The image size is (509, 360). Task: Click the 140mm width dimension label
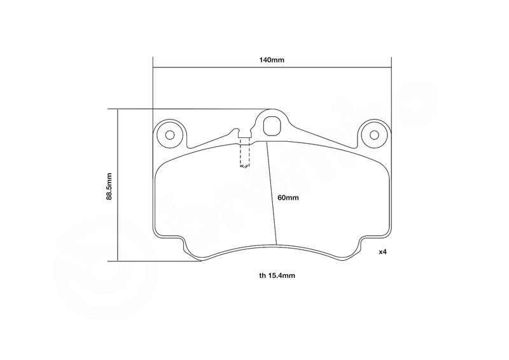272,60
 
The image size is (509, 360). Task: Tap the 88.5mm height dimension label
109,186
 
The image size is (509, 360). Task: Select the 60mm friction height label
288,198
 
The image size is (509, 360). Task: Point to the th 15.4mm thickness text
277,275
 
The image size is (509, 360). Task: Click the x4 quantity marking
384,252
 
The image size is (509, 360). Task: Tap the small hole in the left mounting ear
170,135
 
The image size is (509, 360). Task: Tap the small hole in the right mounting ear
374,135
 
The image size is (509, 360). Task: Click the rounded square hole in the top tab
272,127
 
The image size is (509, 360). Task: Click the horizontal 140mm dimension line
272,67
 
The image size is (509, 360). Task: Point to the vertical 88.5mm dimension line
118,184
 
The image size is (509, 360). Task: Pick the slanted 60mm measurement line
272,193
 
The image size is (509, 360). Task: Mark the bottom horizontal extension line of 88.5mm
155,261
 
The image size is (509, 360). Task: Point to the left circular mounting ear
170,135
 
